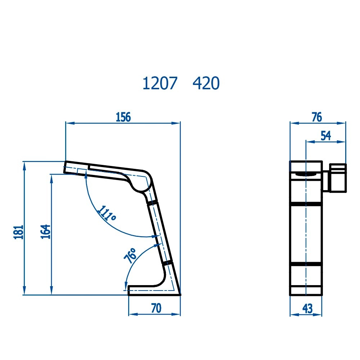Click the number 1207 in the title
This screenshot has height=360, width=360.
tap(160, 83)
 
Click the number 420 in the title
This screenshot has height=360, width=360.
tap(206, 83)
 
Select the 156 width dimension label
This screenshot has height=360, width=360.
tap(123, 117)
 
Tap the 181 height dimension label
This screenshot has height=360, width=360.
tap(19, 232)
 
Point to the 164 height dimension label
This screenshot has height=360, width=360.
tap(45, 231)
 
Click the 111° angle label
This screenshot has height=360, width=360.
tap(107, 213)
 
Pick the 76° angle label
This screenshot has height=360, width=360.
tap(130, 255)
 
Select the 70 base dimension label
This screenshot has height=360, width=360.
tap(156, 308)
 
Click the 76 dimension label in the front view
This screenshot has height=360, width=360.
tap(317, 117)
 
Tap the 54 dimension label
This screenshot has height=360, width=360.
tap(326, 136)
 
